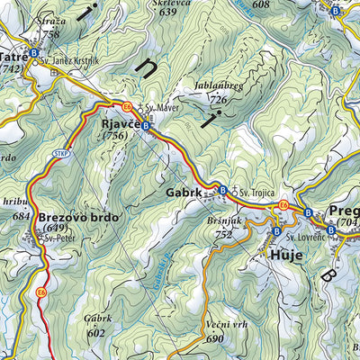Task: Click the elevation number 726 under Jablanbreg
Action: (218, 99)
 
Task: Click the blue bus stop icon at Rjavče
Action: (146, 127)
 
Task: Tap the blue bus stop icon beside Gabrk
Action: (221, 190)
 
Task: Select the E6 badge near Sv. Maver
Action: (129, 105)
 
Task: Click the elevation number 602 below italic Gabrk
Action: (97, 331)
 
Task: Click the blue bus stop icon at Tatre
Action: (33, 53)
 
